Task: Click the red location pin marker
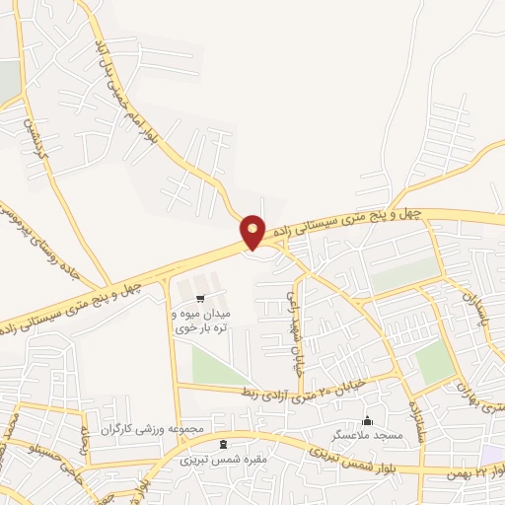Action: tap(253, 232)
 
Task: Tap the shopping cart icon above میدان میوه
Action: tap(201, 298)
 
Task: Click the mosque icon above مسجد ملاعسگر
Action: tap(367, 420)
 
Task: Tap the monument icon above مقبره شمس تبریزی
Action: tap(222, 445)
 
